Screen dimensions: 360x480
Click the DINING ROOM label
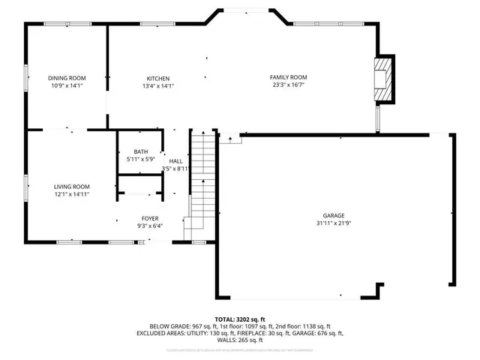click(x=67, y=78)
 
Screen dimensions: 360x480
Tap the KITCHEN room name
click(x=158, y=79)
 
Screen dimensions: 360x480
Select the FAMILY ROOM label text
click(x=289, y=77)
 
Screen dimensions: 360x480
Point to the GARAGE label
click(x=334, y=215)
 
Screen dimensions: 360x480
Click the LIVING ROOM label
click(x=71, y=187)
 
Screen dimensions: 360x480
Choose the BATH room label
click(x=141, y=151)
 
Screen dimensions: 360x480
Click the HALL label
click(x=175, y=161)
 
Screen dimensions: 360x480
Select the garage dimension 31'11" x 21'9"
click(x=334, y=223)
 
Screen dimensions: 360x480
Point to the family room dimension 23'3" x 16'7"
click(x=289, y=85)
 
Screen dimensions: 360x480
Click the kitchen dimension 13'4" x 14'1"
click(x=158, y=86)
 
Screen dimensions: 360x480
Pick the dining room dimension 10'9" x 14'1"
click(x=67, y=85)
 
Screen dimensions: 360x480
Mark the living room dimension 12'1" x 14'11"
click(x=71, y=194)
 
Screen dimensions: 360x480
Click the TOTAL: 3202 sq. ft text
click(x=240, y=319)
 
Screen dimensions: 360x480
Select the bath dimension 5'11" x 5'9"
click(x=141, y=159)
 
